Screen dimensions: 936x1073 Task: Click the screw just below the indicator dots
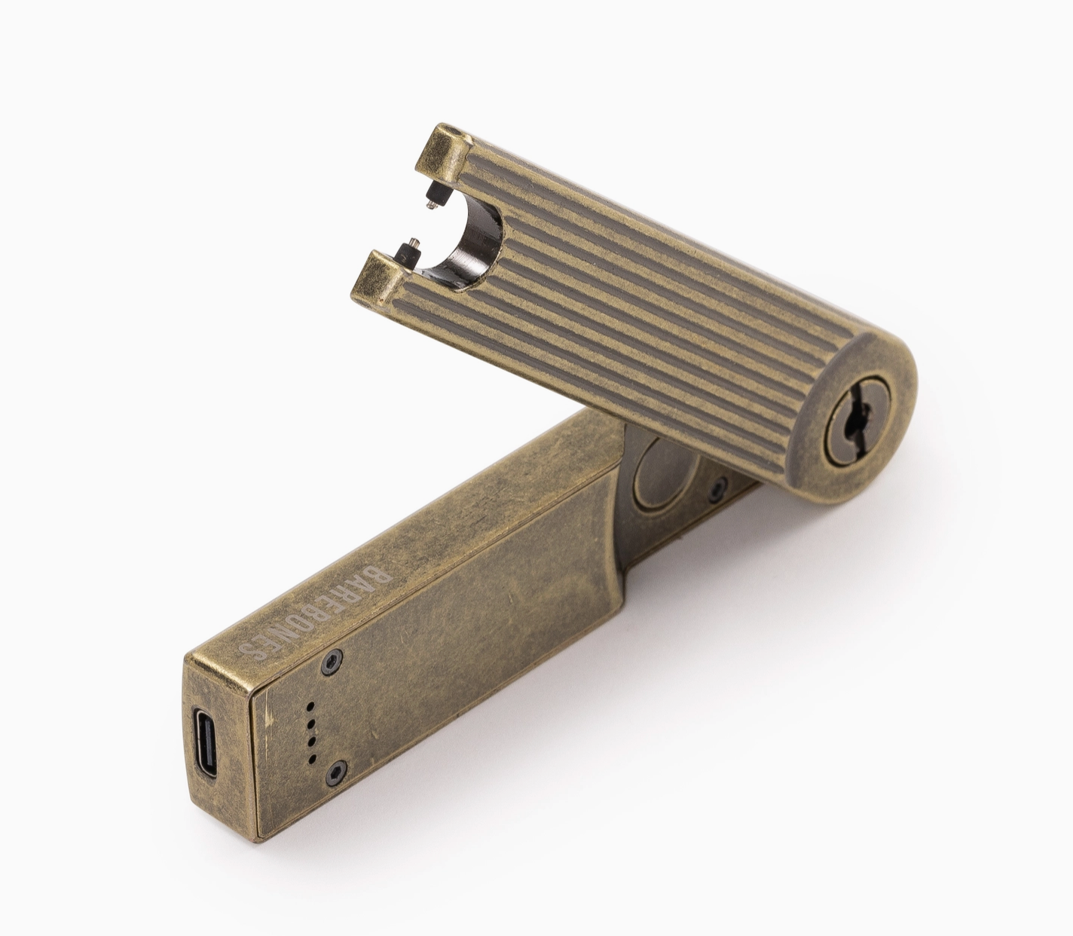tap(337, 770)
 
